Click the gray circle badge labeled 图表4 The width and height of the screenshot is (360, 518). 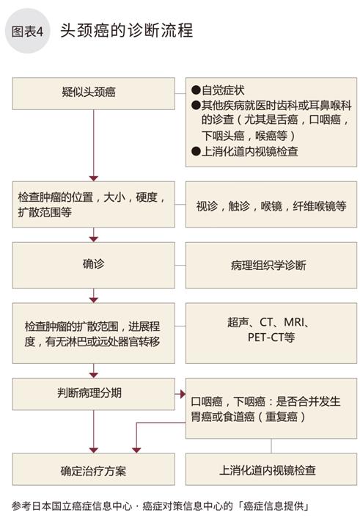click(27, 31)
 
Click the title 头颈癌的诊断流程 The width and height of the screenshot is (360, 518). click(127, 31)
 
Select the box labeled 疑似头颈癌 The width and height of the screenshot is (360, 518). click(93, 93)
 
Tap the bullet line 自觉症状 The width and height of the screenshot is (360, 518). click(218, 90)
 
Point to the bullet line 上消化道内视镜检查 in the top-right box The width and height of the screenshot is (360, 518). click(245, 152)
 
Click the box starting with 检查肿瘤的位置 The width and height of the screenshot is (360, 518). click(93, 204)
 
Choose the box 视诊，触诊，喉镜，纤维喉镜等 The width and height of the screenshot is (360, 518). click(271, 204)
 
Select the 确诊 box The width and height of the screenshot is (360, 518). click(93, 266)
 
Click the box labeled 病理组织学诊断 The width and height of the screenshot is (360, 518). click(271, 266)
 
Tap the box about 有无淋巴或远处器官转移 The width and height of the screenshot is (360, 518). click(93, 333)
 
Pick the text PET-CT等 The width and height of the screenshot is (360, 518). click(271, 338)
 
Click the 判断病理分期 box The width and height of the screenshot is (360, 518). click(93, 394)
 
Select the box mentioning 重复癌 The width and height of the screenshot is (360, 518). click(271, 409)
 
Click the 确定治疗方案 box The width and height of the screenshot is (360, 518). click(93, 469)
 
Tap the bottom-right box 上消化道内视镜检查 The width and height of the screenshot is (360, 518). click(271, 469)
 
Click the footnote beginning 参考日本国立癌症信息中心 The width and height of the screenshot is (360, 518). click(161, 506)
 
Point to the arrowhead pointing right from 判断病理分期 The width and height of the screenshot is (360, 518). click(183, 394)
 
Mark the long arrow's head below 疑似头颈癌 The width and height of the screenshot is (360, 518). click(94, 178)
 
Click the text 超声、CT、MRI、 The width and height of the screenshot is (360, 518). click(268, 322)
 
